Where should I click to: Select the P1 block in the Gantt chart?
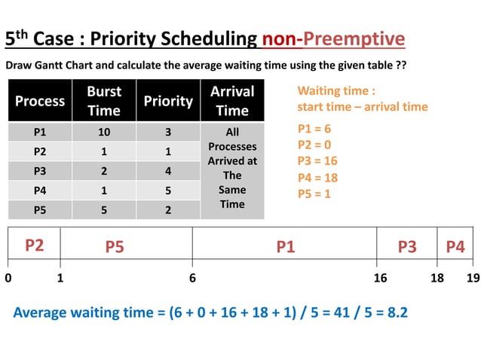coord(285,246)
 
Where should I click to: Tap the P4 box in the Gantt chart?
coord(455,246)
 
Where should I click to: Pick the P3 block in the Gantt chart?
coord(407,246)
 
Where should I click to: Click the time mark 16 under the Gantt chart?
coord(380,278)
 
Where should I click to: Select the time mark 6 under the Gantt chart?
coord(192,278)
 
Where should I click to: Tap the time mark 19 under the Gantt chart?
coord(473,278)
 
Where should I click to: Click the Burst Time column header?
coord(104,100)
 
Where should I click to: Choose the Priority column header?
coord(168,101)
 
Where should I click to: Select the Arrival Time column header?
coord(232,100)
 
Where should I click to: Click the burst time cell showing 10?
coord(104,132)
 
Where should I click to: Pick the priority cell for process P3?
coord(168,171)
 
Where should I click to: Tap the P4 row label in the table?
coord(40,191)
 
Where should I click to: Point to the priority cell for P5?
coord(168,210)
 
